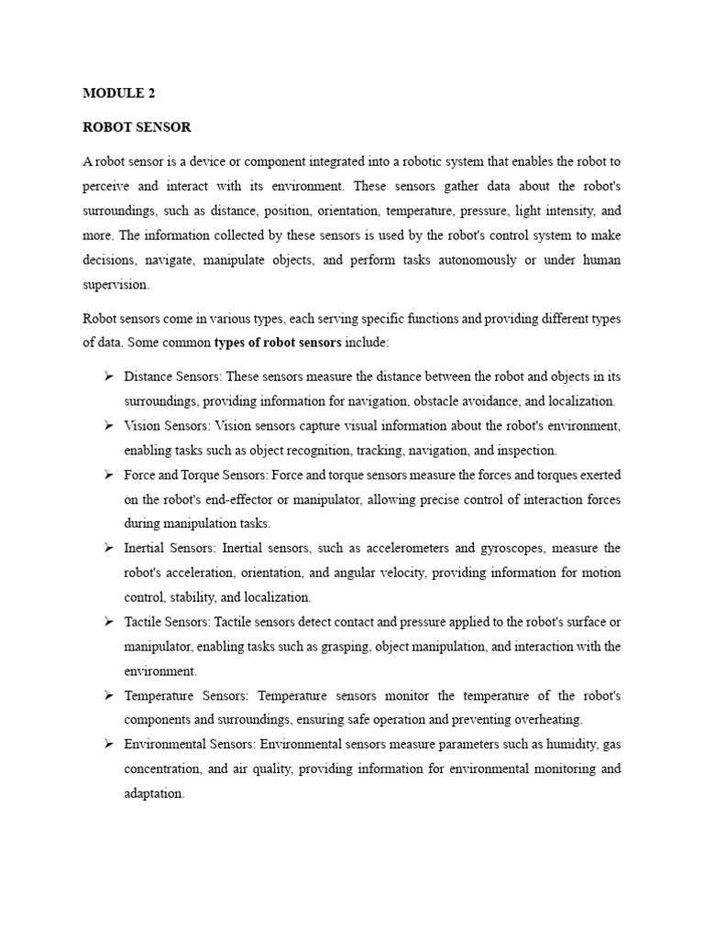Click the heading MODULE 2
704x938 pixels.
pyautogui.click(x=113, y=93)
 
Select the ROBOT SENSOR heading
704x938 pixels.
pyautogui.click(x=137, y=127)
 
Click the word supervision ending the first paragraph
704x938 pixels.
pyautogui.click(x=115, y=285)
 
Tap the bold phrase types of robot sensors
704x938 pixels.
pyautogui.click(x=278, y=343)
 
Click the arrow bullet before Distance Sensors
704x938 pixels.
pyautogui.click(x=108, y=376)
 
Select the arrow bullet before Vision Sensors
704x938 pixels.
pyautogui.click(x=108, y=425)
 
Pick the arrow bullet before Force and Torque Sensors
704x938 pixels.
pyautogui.click(x=108, y=474)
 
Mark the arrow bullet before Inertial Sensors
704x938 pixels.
pyautogui.click(x=108, y=548)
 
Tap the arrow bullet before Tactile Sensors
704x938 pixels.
pyautogui.click(x=108, y=622)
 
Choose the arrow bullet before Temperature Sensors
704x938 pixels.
pyautogui.click(x=108, y=695)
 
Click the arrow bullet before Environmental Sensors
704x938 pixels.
pyautogui.click(x=108, y=745)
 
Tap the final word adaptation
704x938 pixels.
pyautogui.click(x=154, y=794)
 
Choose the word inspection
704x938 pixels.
pyautogui.click(x=525, y=450)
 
